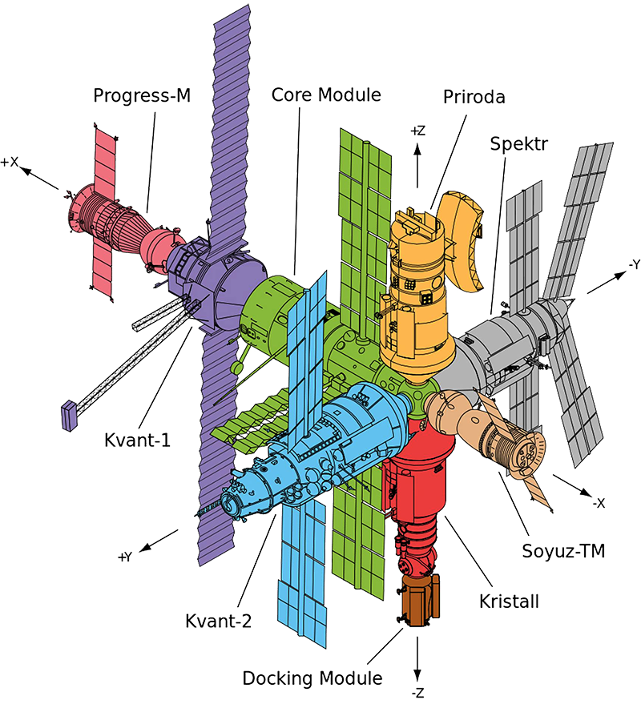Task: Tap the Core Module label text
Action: [325, 94]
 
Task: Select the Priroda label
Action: [474, 97]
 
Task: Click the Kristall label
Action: [503, 600]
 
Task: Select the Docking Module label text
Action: [312, 678]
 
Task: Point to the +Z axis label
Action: [417, 130]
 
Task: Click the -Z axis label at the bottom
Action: [417, 691]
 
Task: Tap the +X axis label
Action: [10, 162]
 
